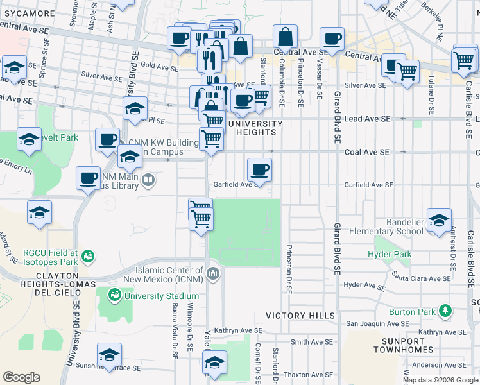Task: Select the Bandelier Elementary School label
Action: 396,227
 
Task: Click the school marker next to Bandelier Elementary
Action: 439,220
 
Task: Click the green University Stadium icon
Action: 115,295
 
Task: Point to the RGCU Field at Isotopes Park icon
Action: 89,257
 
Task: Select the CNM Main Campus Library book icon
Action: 148,179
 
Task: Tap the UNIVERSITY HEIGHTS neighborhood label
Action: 255,128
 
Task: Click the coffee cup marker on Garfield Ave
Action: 259,169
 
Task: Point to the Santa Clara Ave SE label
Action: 422,278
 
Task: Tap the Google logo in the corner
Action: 21,377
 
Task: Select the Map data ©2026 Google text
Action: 440,380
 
